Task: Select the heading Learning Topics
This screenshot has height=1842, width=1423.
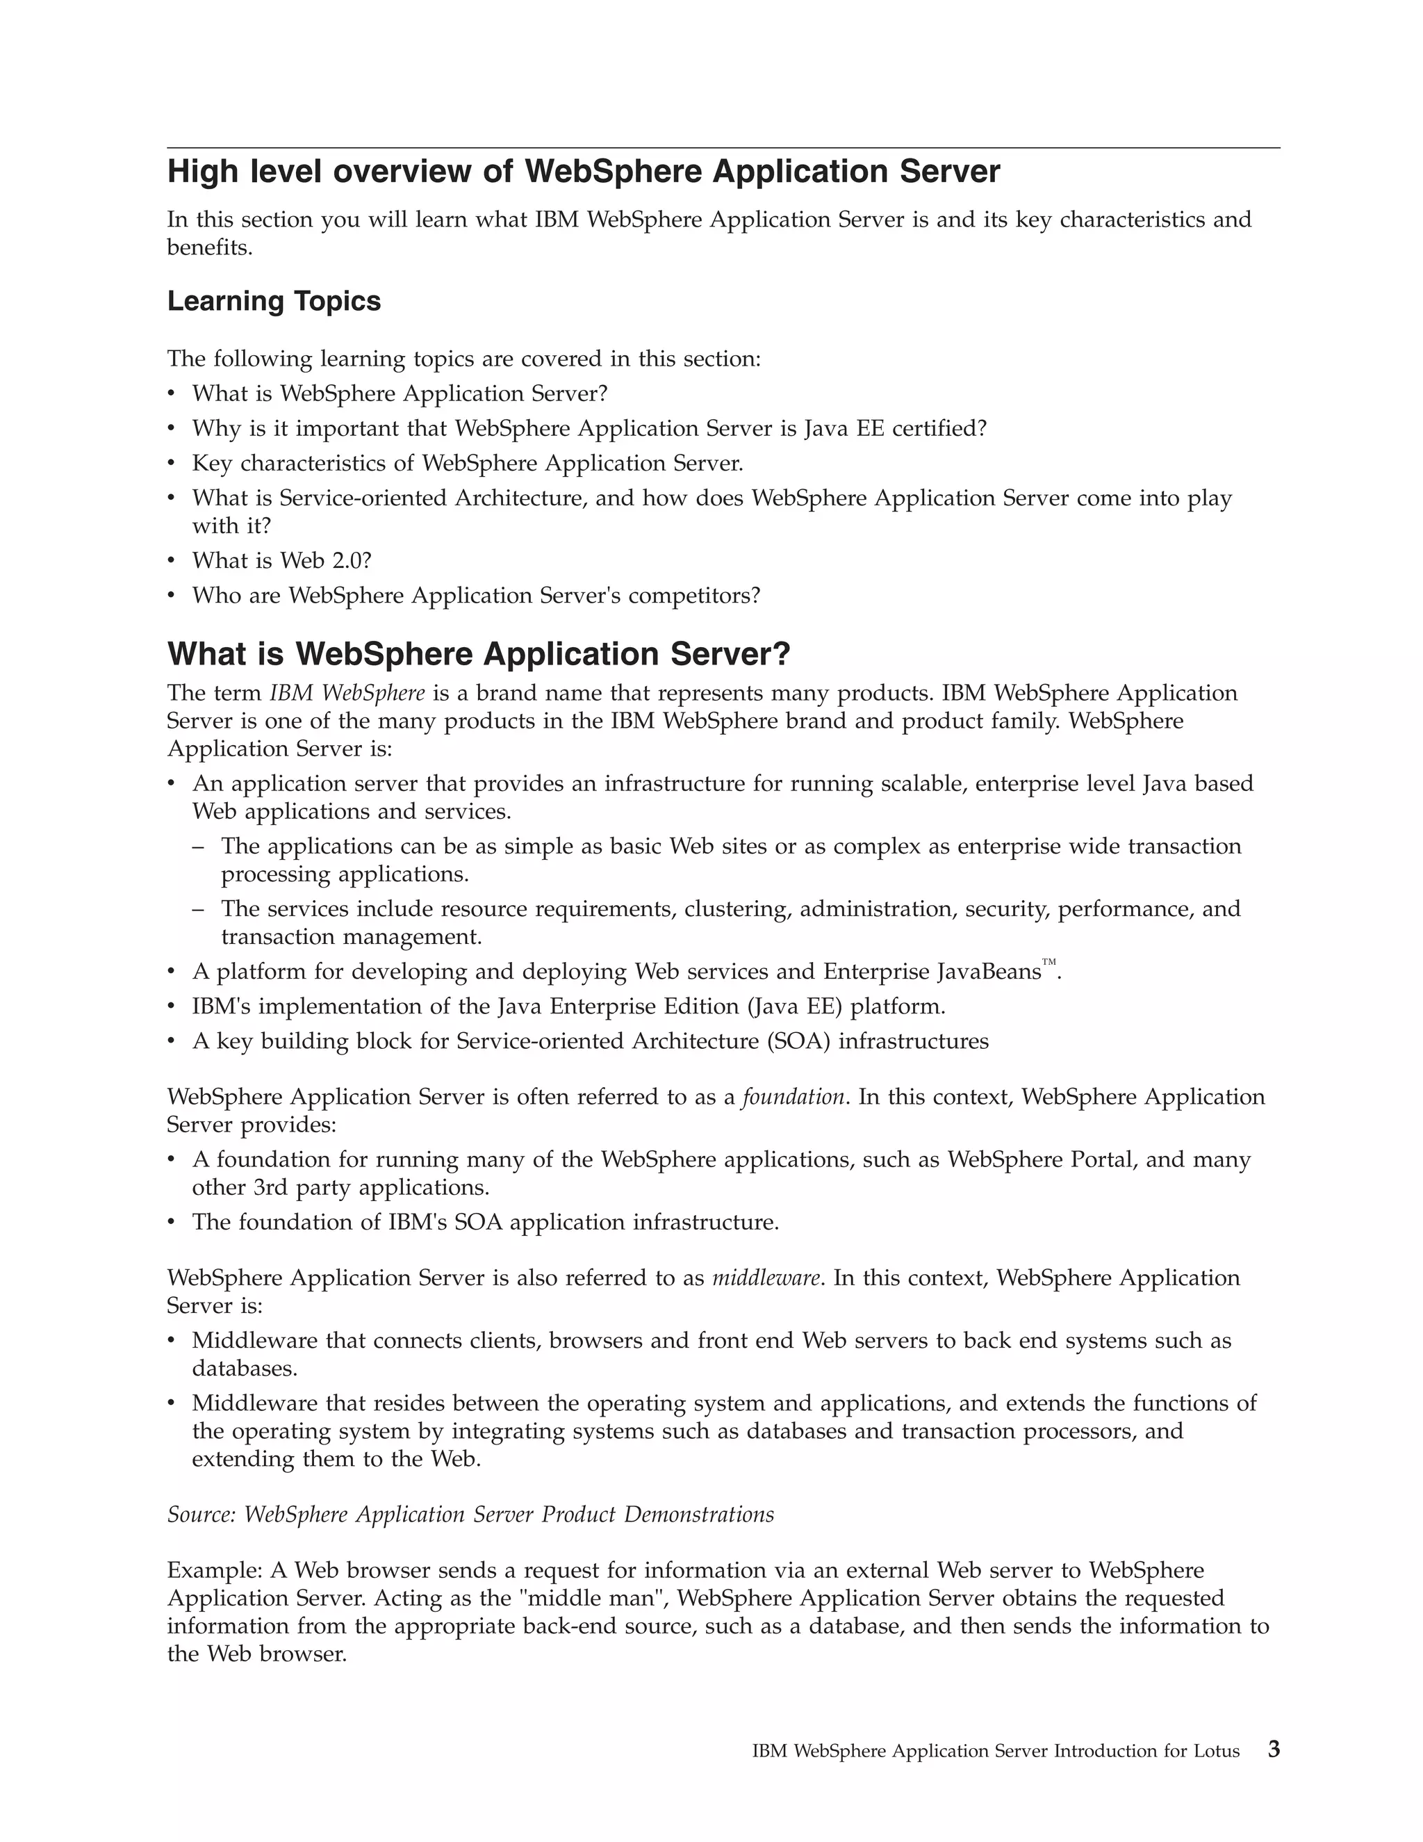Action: tap(274, 301)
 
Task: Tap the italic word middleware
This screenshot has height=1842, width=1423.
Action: tap(766, 1278)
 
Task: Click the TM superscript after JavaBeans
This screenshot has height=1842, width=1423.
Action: tap(1048, 962)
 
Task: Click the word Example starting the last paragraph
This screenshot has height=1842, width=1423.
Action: tap(214, 1570)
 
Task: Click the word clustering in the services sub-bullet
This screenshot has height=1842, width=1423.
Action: tap(738, 908)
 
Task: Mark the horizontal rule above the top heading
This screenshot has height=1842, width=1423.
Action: tap(723, 149)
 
